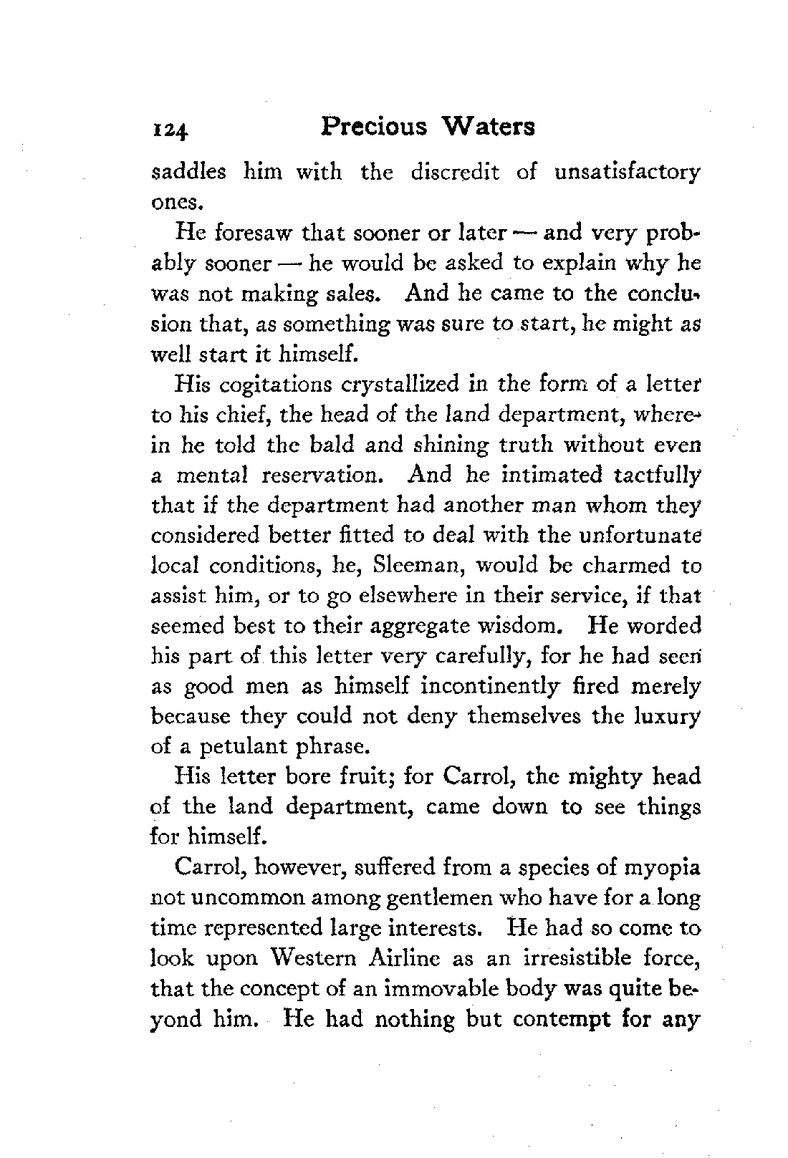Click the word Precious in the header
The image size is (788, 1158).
coord(374,127)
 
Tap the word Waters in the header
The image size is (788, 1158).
coord(489,127)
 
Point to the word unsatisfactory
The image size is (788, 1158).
coord(627,174)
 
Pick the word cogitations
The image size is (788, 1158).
coord(275,386)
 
